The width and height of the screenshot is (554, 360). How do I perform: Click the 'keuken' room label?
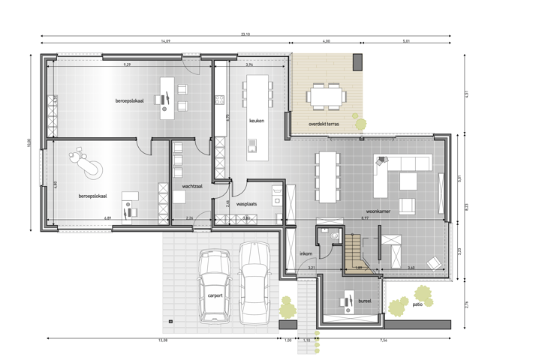pyautogui.click(x=257, y=120)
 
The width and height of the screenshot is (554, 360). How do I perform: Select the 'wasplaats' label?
pyautogui.click(x=247, y=203)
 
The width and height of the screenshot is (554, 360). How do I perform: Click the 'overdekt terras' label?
pyautogui.click(x=324, y=124)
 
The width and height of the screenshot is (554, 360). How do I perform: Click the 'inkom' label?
pyautogui.click(x=306, y=253)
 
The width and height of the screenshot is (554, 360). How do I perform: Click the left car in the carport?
pyautogui.click(x=215, y=285)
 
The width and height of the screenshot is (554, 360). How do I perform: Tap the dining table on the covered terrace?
pyautogui.click(x=326, y=96)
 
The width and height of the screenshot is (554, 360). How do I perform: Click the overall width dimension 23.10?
pyautogui.click(x=245, y=34)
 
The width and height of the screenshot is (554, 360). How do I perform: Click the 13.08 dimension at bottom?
pyautogui.click(x=162, y=340)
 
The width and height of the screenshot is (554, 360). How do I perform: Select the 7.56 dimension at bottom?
pyautogui.click(x=384, y=340)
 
